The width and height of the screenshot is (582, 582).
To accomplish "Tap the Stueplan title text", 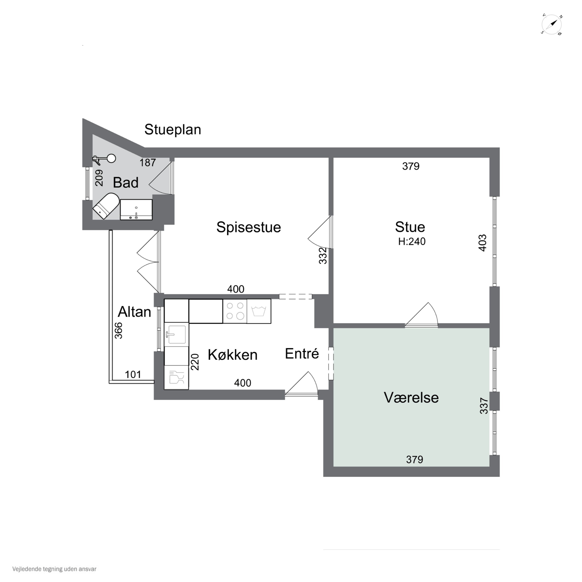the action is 173,130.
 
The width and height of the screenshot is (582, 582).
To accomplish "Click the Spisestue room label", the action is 249,227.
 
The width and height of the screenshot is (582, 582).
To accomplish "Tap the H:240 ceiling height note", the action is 412,242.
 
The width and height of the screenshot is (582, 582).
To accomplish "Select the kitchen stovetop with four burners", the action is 235,311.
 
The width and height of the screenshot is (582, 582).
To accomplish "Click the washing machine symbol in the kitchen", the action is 259,311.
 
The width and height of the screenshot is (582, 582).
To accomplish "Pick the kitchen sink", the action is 177,334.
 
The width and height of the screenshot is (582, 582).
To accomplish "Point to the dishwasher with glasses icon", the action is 177,378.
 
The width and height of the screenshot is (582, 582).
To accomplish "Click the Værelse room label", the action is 411,398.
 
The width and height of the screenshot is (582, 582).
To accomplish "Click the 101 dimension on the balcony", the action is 133,374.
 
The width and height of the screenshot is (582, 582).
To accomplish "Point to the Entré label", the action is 302,354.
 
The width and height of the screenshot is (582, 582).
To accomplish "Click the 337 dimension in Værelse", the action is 484,406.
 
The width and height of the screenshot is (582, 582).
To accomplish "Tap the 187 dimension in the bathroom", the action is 148,163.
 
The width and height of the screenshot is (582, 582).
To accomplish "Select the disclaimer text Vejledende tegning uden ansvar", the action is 54,569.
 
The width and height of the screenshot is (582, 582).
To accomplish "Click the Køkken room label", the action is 233,355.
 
